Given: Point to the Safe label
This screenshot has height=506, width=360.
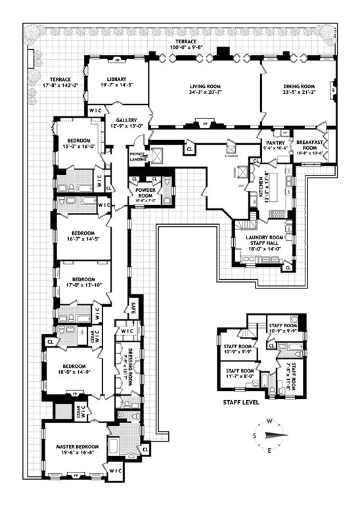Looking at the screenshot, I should tap(134, 306).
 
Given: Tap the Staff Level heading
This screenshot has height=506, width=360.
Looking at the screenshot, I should tap(241, 402).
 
